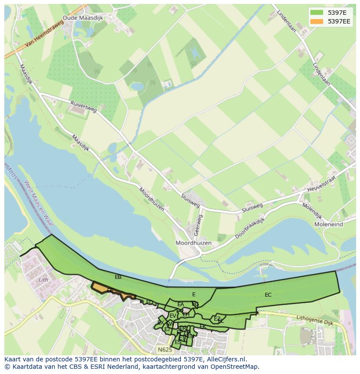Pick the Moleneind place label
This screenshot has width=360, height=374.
[x=328, y=224]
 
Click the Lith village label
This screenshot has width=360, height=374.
[x=43, y=280]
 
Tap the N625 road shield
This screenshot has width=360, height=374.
[x=165, y=349]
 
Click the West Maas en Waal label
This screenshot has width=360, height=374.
[x=38, y=203]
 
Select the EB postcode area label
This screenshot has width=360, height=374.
[x=118, y=277]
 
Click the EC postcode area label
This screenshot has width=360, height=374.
[x=268, y=295]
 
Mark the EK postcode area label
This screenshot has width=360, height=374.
[x=203, y=326]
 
